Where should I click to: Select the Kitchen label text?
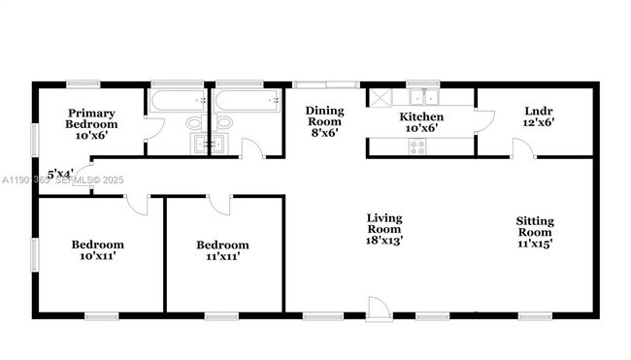click(422, 121)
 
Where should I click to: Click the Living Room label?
click(384, 227)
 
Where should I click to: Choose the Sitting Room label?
click(535, 233)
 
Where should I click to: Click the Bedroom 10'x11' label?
click(98, 250)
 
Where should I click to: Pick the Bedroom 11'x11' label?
click(222, 250)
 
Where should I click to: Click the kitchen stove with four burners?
click(419, 147)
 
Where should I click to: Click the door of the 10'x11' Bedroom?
click(136, 202)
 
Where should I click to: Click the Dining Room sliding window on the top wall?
click(326, 83)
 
